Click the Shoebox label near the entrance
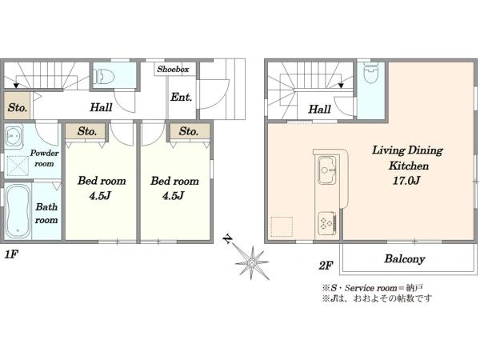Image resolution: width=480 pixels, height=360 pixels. coord(173,69)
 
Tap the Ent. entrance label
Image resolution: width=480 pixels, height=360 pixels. coord(182,98)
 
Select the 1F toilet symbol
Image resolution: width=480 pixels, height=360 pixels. coord(104,76)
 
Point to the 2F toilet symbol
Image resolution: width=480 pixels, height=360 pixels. coord(370,74)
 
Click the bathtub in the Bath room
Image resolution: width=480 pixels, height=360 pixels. coord(18,212)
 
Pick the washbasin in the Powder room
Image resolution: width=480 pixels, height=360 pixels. coord(14,134)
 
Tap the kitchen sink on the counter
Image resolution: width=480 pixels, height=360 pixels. coord(327,170)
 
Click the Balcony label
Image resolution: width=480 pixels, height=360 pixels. coord(404,259)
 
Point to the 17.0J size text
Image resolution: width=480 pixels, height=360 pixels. coord(406,181)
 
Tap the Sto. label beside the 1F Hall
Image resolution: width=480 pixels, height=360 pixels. coord(18,108)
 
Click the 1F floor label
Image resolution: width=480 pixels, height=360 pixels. coord(10,255)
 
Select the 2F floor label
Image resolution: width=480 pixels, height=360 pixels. coord(326,266)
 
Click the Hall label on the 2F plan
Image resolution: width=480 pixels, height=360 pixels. coord(319,110)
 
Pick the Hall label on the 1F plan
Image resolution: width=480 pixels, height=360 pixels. coord(101,107)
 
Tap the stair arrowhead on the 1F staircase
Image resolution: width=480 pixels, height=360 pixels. coord(16,86)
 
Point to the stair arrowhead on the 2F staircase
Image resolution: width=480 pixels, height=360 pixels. coord(341,86)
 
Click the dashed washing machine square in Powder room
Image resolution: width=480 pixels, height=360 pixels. coord(18,166)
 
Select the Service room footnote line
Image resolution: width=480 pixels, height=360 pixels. coord(372,288)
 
